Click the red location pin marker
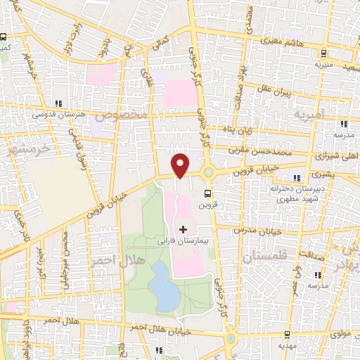coord(181,165)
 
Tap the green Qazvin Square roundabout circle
coord(208,172)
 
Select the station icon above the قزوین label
coord(207,192)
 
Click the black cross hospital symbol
coord(184,229)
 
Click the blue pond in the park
coord(164,285)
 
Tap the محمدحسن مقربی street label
coord(262,150)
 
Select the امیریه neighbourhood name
coord(310,113)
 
